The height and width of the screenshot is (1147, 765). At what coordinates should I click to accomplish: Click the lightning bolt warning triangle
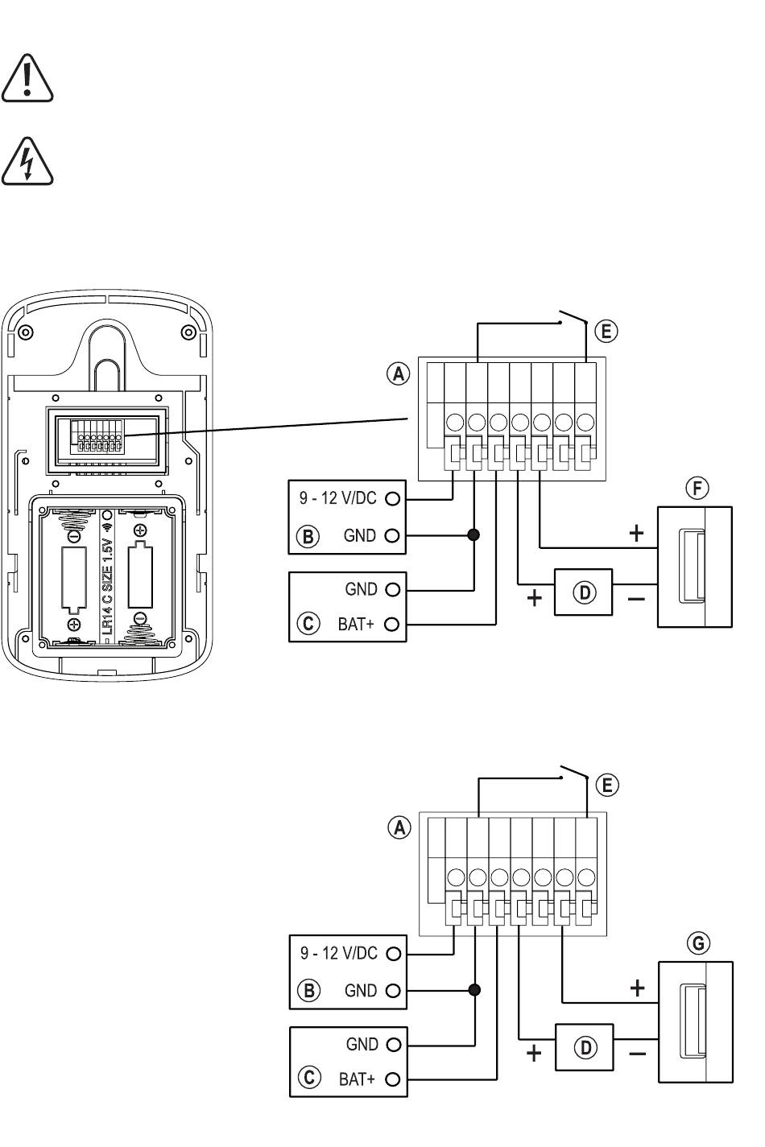(27, 161)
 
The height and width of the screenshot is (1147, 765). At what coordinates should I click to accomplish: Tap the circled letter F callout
(697, 489)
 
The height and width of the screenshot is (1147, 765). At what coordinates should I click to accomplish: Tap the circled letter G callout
(698, 943)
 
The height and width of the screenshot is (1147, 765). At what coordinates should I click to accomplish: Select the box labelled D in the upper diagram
(584, 592)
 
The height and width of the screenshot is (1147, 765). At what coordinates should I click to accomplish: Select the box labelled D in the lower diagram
(585, 1047)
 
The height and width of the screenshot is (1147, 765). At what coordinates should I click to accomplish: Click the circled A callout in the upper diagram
(398, 373)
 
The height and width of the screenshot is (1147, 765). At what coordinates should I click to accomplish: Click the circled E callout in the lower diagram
(607, 785)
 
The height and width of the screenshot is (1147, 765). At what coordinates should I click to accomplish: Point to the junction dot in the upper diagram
(474, 535)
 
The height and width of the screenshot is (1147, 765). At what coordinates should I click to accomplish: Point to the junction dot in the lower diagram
(475, 990)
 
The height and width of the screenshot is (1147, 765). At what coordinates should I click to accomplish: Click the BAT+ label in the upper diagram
(356, 624)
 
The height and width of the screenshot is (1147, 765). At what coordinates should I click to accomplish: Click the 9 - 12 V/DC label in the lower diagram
(339, 954)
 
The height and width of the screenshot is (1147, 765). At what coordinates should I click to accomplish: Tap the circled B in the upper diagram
(308, 537)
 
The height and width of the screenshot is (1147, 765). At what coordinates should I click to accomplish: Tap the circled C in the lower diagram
(309, 1078)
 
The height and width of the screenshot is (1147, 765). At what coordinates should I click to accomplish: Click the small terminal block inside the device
(97, 436)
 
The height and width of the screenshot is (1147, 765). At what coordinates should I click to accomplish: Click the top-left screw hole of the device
(25, 332)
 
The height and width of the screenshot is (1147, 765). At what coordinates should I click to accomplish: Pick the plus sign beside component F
(636, 534)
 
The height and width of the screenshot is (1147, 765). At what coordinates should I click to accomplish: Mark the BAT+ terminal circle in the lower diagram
(393, 1079)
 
